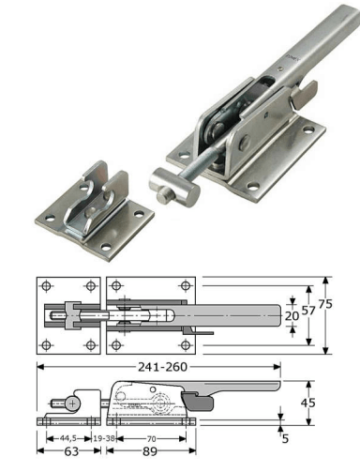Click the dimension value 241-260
click(x=162, y=367)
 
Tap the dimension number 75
click(x=325, y=304)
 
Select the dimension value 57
click(x=308, y=310)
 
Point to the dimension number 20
click(x=292, y=316)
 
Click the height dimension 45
click(x=308, y=403)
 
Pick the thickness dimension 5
click(x=285, y=438)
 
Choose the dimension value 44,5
click(x=67, y=438)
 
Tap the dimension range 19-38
click(x=104, y=438)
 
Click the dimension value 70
click(x=151, y=439)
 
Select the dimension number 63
click(x=71, y=451)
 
